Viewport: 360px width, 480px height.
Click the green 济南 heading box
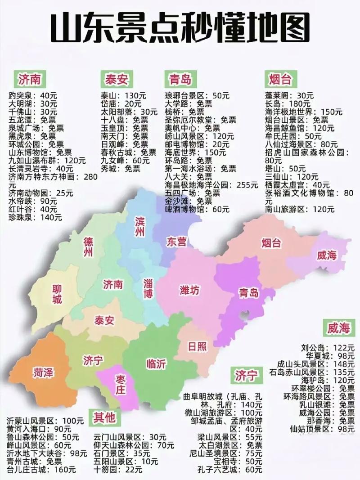coord(30,80)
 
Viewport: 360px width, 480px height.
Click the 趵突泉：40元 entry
coord(33,96)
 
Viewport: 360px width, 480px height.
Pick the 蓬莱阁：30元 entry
coord(289,96)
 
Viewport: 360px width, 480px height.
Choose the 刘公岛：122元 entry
coord(328,348)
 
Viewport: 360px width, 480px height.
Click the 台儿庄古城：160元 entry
coord(41,470)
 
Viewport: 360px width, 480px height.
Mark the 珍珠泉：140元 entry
coord(35,217)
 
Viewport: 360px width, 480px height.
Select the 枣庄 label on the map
coord(120,384)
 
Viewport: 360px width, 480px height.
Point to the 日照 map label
coord(197,346)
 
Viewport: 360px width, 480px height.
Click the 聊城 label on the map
coord(57,294)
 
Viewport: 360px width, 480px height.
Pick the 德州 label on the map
coord(88,247)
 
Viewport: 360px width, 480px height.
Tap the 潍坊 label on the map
coord(189,290)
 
